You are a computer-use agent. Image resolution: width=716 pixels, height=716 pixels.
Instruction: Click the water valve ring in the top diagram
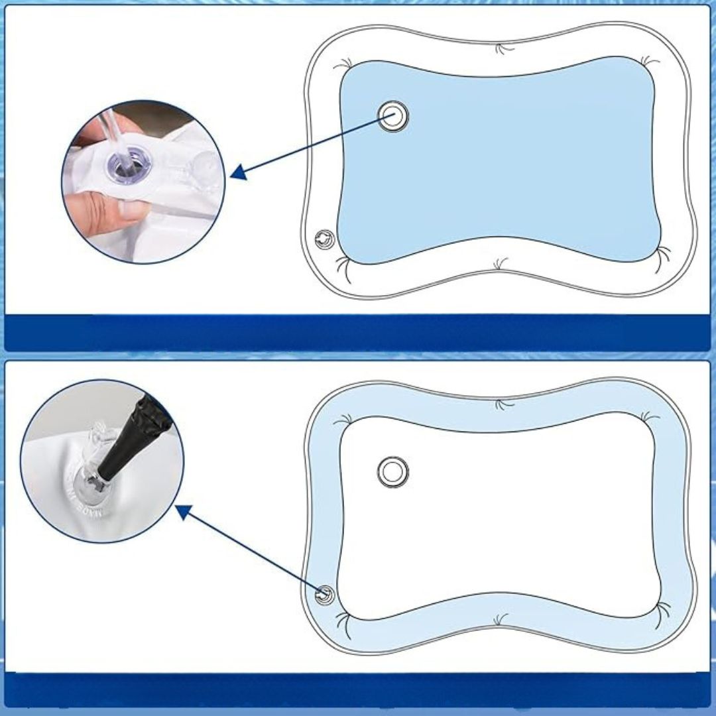coord(393,116)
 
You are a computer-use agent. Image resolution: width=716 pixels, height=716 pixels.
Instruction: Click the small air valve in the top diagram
coord(324,239)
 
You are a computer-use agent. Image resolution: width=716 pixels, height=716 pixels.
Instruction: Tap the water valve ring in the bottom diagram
coord(392,471)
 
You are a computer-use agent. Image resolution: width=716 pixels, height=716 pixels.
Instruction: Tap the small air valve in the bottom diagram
coord(324,594)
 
